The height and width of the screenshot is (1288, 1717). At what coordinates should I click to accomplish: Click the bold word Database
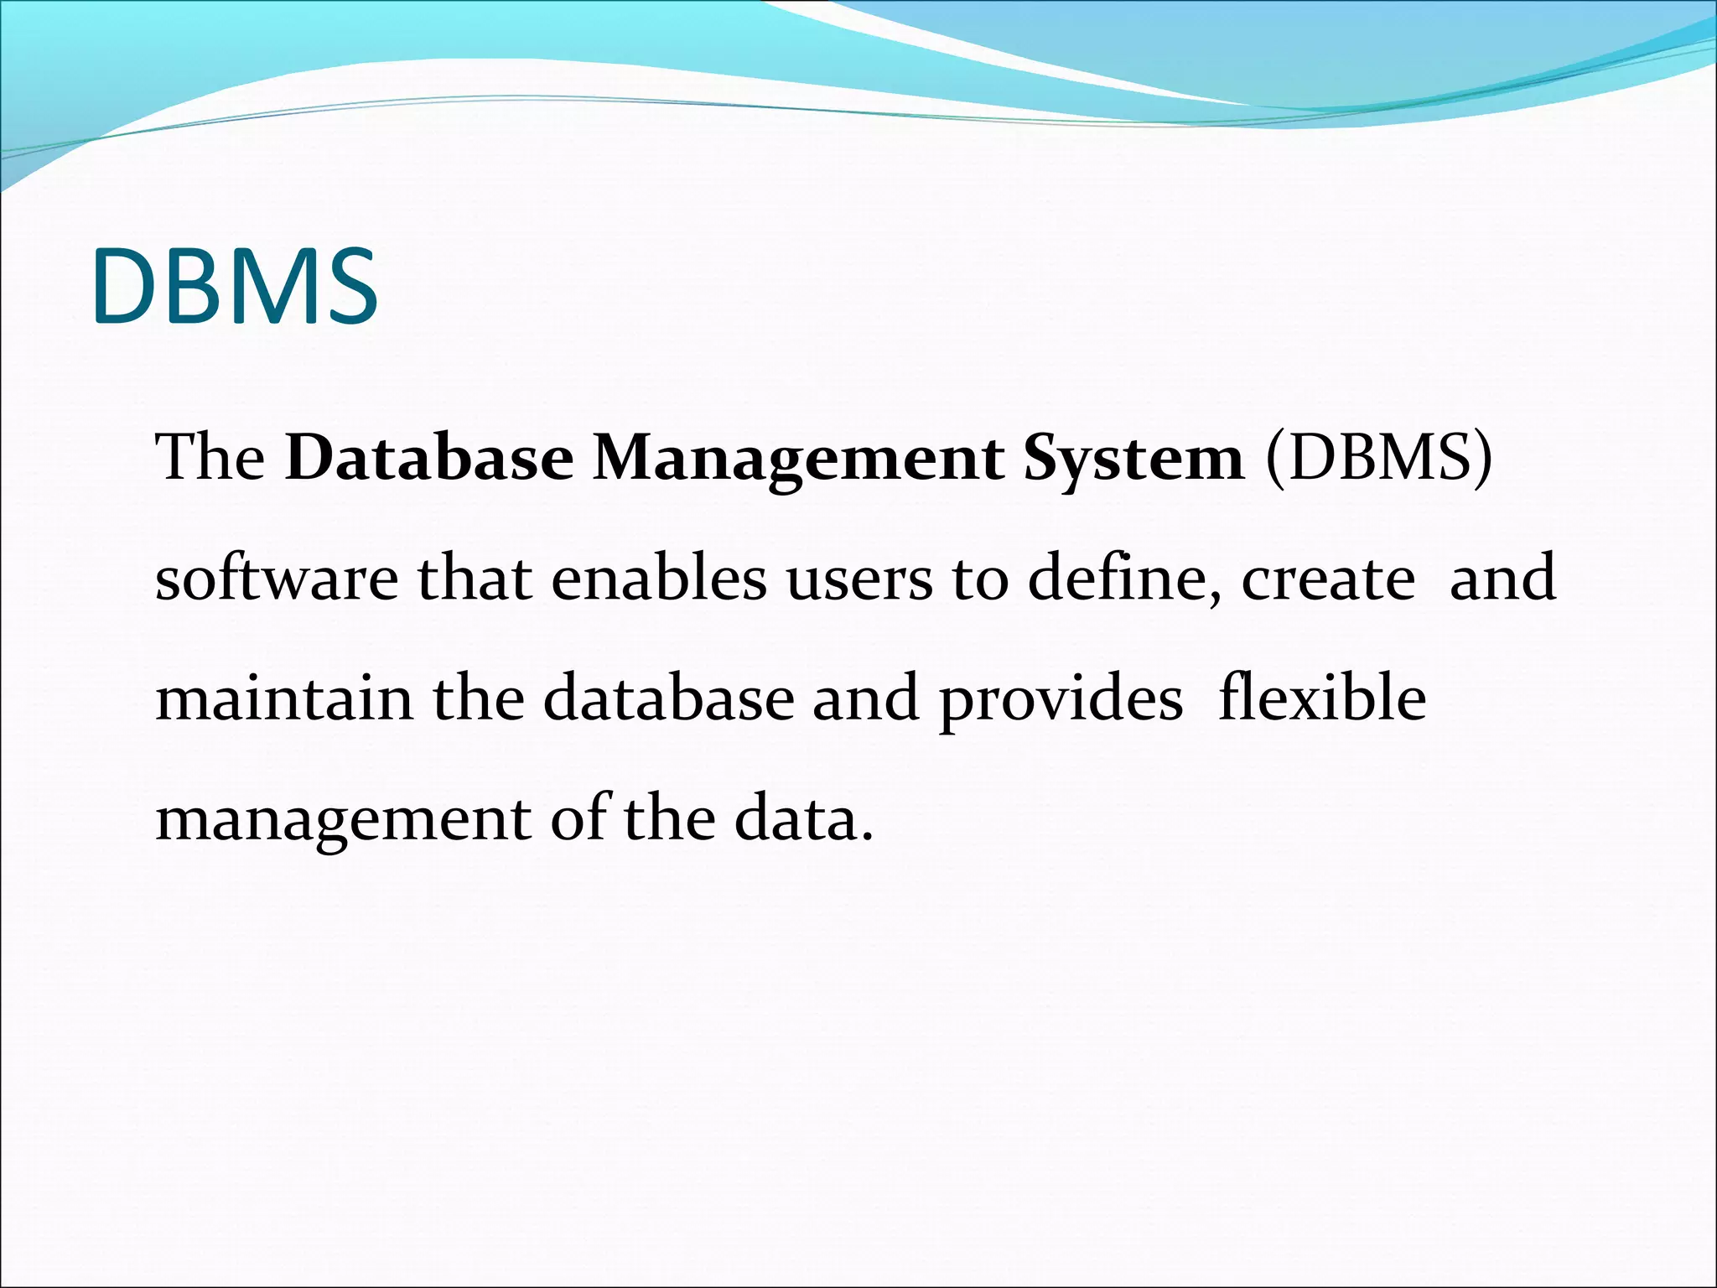click(x=429, y=459)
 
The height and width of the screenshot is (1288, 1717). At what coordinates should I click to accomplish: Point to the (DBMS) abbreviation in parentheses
click(x=1380, y=459)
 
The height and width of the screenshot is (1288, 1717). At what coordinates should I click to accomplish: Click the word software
click(x=277, y=579)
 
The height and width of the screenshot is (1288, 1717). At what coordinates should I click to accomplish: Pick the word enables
click(x=659, y=579)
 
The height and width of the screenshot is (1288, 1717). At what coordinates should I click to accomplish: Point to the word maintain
click(x=284, y=699)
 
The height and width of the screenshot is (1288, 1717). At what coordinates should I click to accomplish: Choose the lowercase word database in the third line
click(x=668, y=699)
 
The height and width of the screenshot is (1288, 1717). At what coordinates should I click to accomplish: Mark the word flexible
click(x=1322, y=699)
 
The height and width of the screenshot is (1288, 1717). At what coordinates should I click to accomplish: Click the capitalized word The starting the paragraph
click(x=210, y=459)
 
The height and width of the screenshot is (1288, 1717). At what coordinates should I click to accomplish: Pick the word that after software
click(x=475, y=579)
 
